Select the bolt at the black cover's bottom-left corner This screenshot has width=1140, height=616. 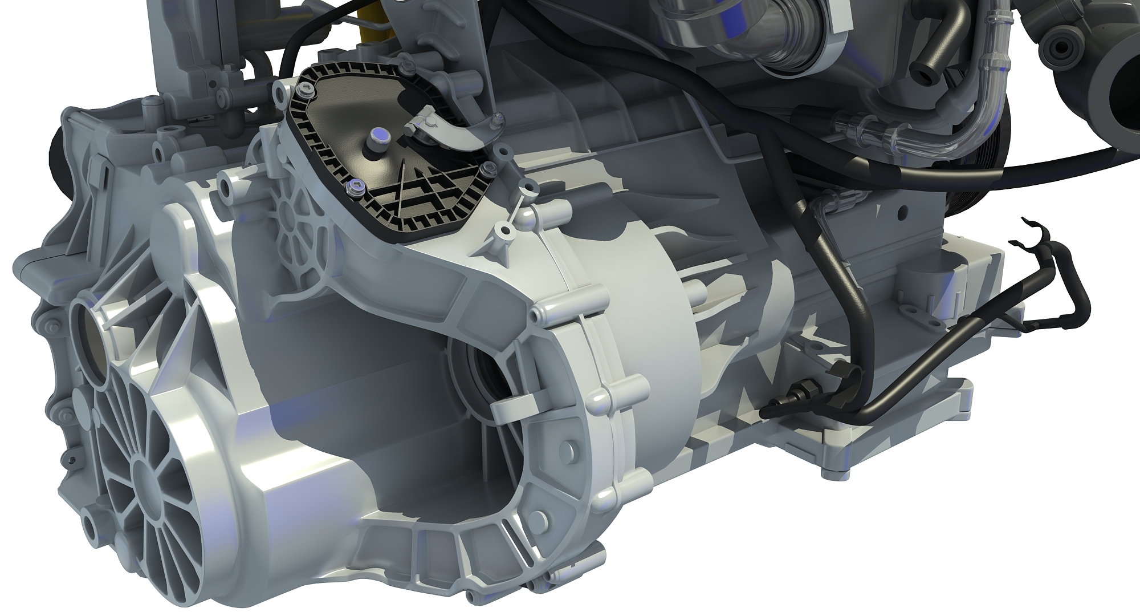pyautogui.click(x=356, y=185)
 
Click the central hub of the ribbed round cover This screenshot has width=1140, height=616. pyautogui.click(x=149, y=472)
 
